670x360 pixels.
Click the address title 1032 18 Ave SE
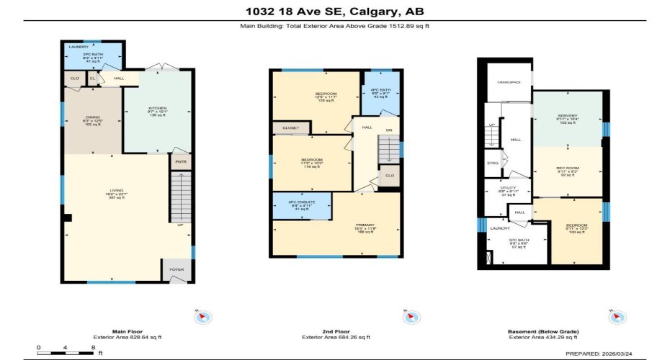(335, 10)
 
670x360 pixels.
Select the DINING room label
(93, 117)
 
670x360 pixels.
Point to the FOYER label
(177, 270)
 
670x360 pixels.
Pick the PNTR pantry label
(179, 163)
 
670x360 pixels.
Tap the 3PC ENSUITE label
(302, 202)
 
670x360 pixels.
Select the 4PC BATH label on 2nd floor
(381, 89)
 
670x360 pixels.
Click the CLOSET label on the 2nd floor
(290, 127)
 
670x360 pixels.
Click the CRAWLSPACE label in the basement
(509, 81)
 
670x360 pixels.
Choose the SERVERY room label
(567, 116)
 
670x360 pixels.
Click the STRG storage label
(493, 163)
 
